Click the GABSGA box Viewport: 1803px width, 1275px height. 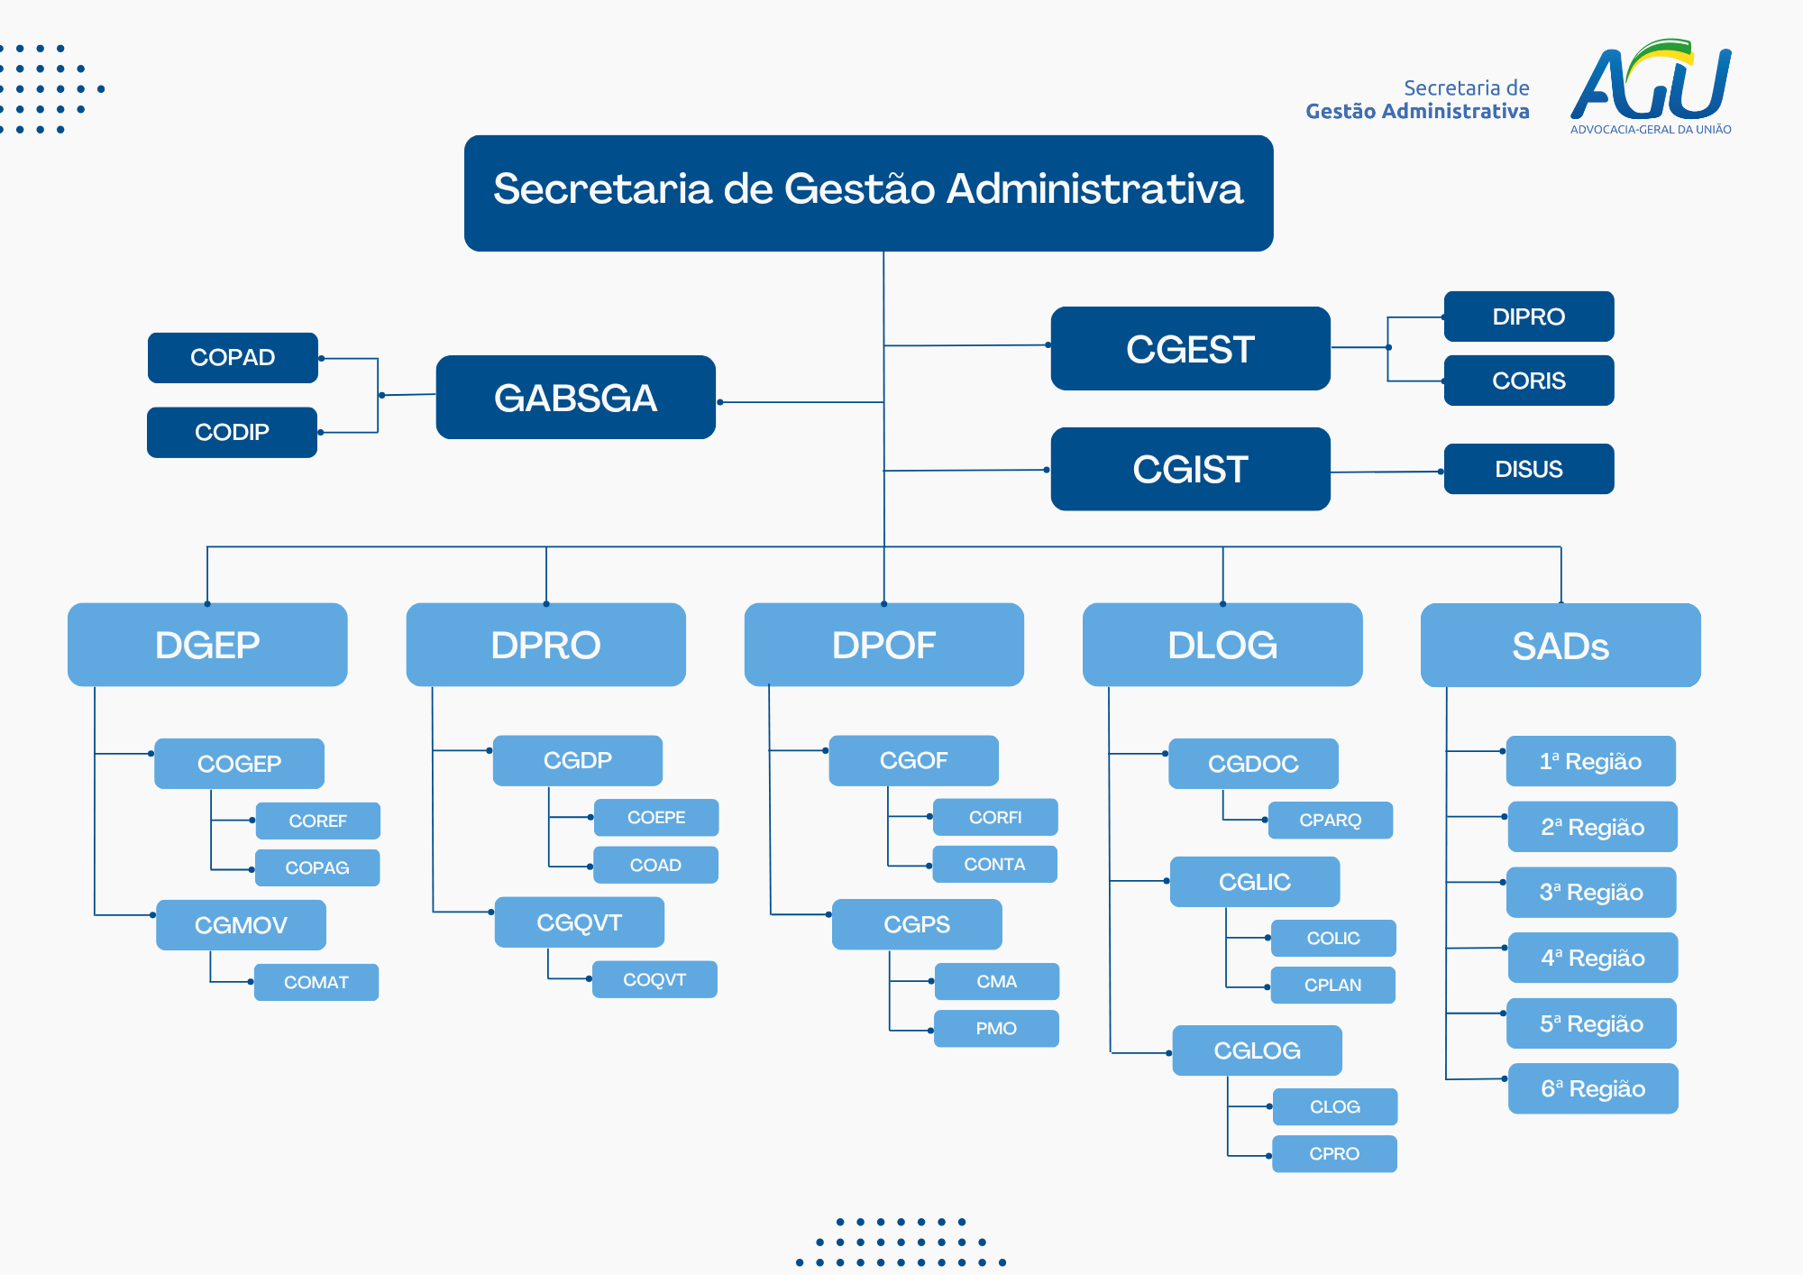[575, 398]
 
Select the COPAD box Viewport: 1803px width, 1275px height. [233, 358]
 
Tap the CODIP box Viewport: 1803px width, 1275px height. [232, 433]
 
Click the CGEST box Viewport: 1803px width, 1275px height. [1190, 349]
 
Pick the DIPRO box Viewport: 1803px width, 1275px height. [1528, 316]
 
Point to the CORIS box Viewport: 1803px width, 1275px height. [1528, 381]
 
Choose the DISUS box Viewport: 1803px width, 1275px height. [1528, 469]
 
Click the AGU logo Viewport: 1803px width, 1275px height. [1650, 86]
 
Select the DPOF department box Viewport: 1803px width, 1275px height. [883, 645]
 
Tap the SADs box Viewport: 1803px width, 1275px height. [1560, 646]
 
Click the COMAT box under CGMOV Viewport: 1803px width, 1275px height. [316, 982]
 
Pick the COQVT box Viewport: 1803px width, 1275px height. [654, 979]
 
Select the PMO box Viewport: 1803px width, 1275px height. [996, 1028]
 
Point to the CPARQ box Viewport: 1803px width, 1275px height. [1330, 820]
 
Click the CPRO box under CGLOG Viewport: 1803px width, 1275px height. [1334, 1153]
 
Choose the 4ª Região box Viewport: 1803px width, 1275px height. [1592, 958]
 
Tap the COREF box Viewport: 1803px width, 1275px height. [317, 821]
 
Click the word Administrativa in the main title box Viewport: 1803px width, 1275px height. [1094, 189]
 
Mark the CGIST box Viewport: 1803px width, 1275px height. [1190, 469]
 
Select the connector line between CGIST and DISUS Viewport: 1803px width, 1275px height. [1387, 472]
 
